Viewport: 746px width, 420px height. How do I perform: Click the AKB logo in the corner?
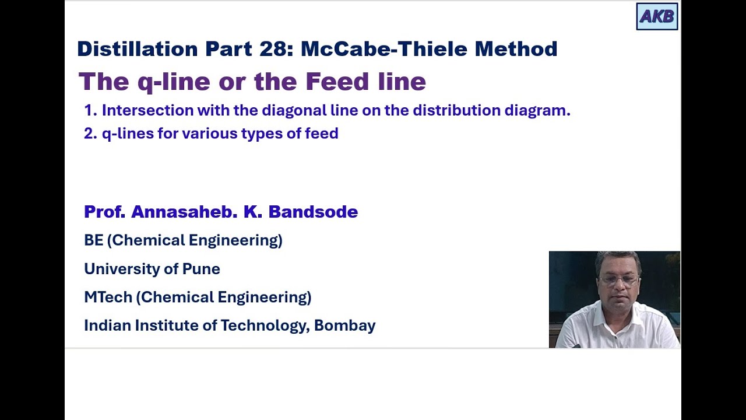coord(657,16)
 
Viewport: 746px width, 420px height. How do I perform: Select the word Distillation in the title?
coord(137,49)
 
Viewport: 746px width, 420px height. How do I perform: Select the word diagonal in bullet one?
coord(292,110)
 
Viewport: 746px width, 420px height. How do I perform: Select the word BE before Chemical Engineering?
coord(93,240)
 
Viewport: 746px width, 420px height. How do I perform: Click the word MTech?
coord(108,297)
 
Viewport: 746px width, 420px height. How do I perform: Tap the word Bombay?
coord(344,325)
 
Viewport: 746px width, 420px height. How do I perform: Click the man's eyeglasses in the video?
coord(618,279)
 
